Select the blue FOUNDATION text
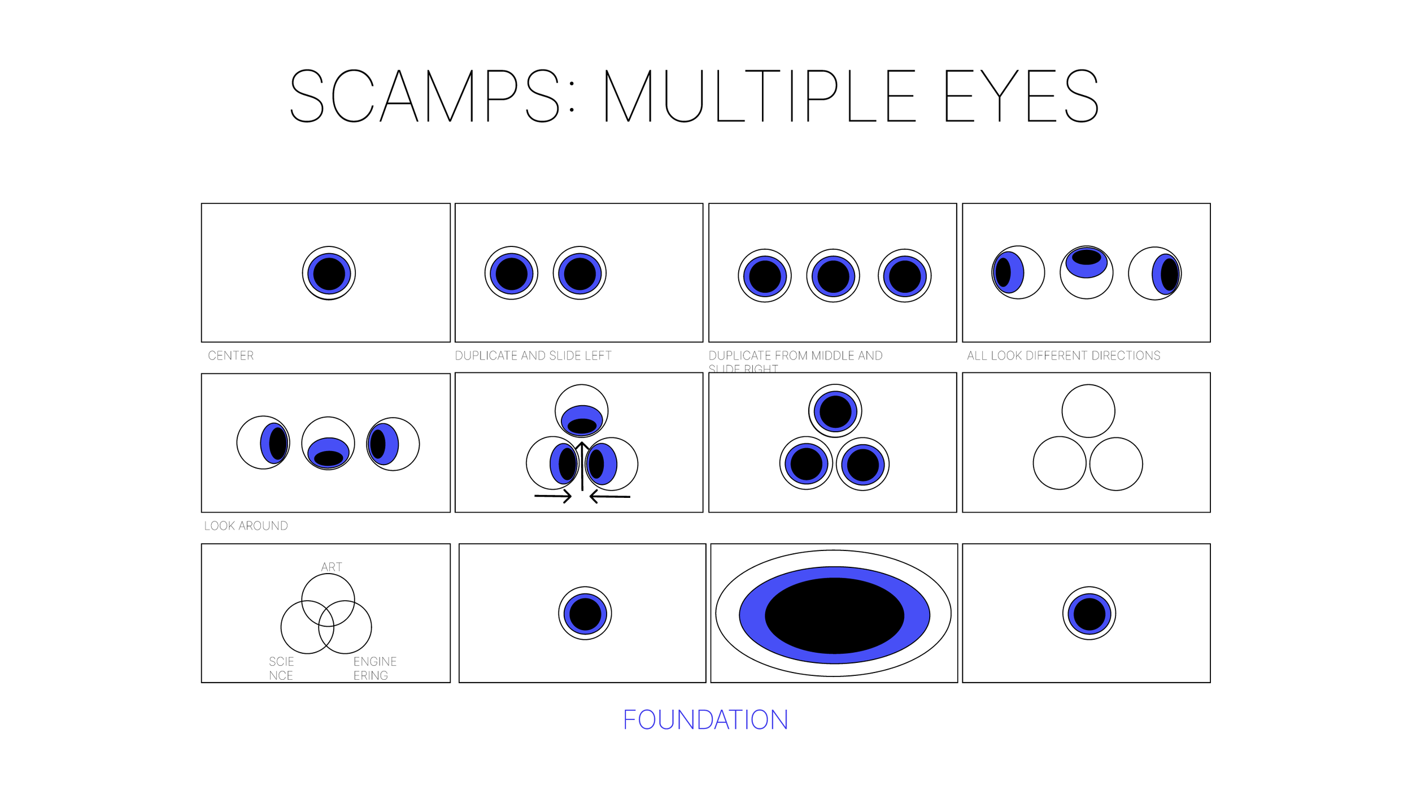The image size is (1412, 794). (705, 720)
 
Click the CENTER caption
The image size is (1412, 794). (230, 355)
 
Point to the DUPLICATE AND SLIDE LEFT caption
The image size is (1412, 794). (533, 355)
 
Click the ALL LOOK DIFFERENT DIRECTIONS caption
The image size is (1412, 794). (1064, 355)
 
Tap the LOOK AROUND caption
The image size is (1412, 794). (246, 526)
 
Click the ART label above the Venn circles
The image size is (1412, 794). (332, 567)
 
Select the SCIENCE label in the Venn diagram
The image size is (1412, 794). (281, 668)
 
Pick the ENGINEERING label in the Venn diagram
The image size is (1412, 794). (374, 668)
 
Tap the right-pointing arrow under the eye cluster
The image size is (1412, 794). (554, 496)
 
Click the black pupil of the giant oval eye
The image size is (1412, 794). (834, 615)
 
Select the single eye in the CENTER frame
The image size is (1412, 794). (329, 273)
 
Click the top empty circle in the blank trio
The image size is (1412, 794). (1088, 411)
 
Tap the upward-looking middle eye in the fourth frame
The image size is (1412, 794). (1086, 273)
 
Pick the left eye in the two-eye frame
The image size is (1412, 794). (511, 273)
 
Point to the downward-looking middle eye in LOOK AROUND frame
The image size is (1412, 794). (328, 444)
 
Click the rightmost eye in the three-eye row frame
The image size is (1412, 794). (904, 276)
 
